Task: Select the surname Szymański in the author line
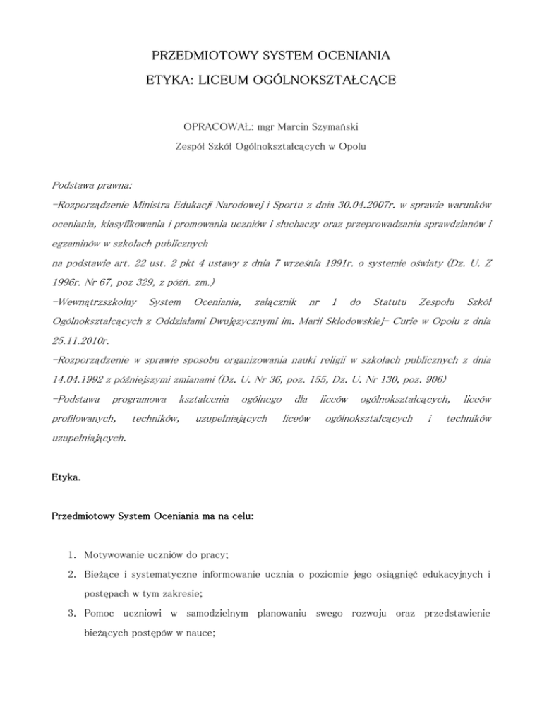(x=333, y=130)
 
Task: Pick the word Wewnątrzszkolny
(x=95, y=302)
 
